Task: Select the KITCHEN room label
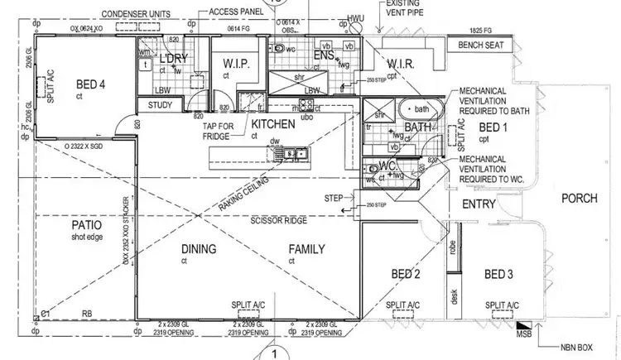point(274,124)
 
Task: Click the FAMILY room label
point(306,249)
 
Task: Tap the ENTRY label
point(479,204)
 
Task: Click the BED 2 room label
point(406,275)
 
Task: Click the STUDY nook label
point(161,105)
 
